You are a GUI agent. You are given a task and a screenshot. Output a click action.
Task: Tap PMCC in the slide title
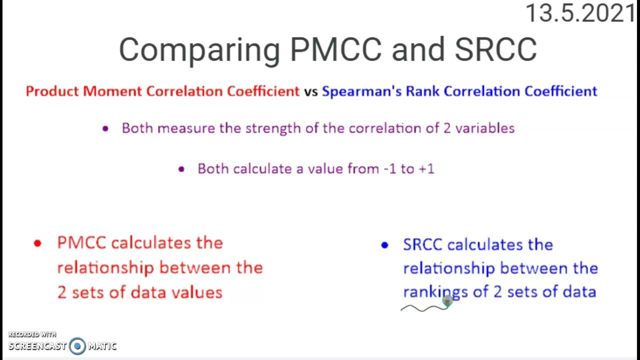click(x=335, y=50)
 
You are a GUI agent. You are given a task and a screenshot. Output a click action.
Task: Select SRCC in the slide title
click(x=495, y=50)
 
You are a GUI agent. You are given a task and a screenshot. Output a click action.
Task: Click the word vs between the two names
click(x=310, y=91)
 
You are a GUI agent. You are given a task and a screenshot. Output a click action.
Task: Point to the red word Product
click(x=52, y=91)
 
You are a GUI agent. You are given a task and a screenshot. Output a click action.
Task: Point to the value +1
click(x=426, y=169)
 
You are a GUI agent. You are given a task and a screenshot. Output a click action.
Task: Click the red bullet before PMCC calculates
click(x=37, y=243)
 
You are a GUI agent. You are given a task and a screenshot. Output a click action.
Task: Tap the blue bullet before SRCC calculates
click(x=384, y=245)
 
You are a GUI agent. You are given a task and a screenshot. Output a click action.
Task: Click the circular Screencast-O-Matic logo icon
click(x=77, y=346)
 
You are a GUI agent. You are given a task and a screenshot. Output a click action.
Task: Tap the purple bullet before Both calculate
click(x=181, y=169)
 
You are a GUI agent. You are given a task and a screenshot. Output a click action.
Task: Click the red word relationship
click(x=105, y=268)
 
